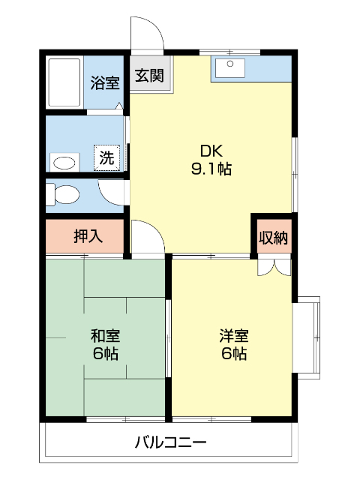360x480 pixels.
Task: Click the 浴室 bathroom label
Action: [105, 82]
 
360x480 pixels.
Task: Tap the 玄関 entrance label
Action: [151, 76]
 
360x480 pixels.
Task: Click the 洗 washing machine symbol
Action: [107, 158]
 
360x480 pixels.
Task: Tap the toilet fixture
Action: [62, 195]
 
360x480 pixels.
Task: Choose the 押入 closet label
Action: [88, 237]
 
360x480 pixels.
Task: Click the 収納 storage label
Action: [273, 238]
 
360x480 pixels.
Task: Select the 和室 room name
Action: [106, 335]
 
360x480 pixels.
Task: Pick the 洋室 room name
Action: [234, 335]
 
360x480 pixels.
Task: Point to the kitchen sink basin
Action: [229, 68]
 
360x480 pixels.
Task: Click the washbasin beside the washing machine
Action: [65, 162]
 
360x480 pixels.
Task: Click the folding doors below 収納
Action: [272, 265]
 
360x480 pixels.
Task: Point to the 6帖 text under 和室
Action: [106, 354]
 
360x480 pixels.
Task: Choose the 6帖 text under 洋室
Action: [234, 354]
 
